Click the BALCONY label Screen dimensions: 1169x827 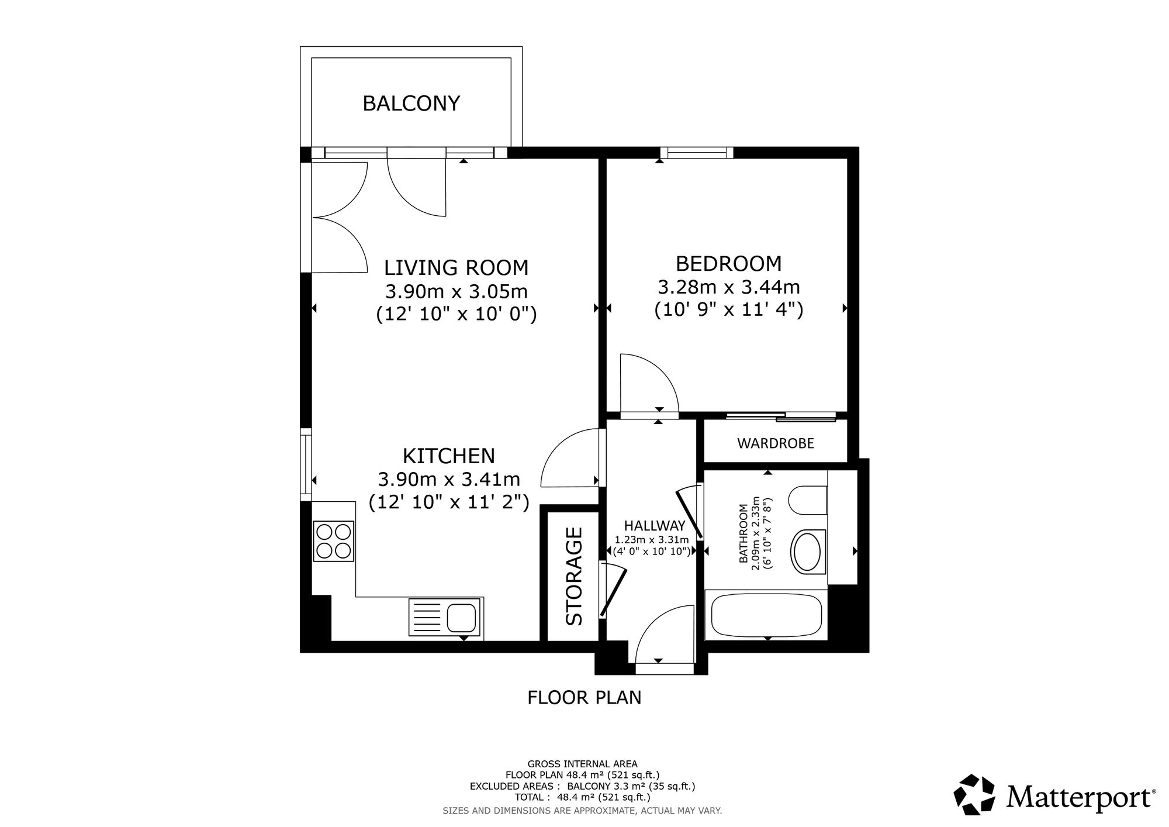[411, 104]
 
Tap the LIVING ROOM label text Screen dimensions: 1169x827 [456, 268]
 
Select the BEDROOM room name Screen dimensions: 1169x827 [728, 264]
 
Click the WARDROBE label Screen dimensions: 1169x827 [776, 443]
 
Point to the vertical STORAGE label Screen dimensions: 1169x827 [575, 576]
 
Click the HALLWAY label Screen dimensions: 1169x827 [654, 526]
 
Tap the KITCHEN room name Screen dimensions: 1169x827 [449, 456]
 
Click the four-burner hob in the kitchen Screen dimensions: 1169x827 [334, 541]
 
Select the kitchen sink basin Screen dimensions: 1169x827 [462, 618]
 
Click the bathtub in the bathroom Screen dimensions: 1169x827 [766, 616]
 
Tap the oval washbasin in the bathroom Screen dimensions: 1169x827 [808, 551]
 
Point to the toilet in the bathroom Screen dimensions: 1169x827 [808, 500]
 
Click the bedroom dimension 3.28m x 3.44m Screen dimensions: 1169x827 [729, 287]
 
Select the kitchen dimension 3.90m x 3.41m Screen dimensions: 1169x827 [449, 480]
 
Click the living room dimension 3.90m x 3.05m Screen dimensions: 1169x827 [456, 291]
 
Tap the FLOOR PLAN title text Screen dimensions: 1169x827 [584, 698]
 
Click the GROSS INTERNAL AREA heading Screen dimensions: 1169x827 [583, 764]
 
